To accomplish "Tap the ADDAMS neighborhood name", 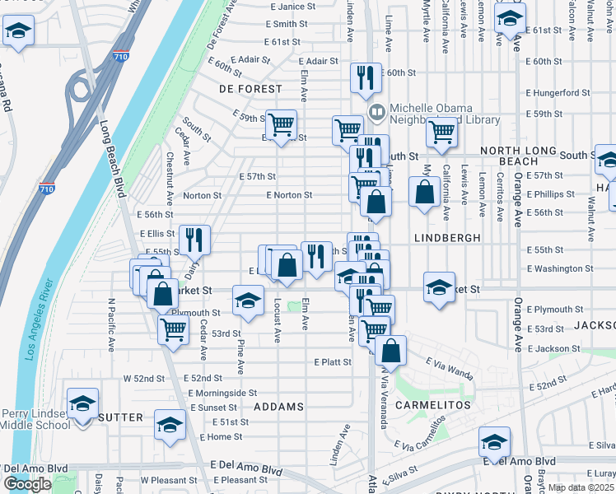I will [279, 407].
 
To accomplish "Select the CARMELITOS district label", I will [432, 405].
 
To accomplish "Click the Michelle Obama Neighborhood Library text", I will [445, 114].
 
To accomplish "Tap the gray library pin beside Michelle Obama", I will [376, 110].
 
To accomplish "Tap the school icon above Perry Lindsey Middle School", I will [82, 404].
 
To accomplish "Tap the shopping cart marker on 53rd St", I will [173, 329].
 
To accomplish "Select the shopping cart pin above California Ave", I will [442, 131].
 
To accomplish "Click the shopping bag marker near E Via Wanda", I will [391, 349].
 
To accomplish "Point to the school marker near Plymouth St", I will [247, 301].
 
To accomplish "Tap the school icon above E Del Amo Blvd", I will [494, 443].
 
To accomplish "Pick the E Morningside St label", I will [223, 393].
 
